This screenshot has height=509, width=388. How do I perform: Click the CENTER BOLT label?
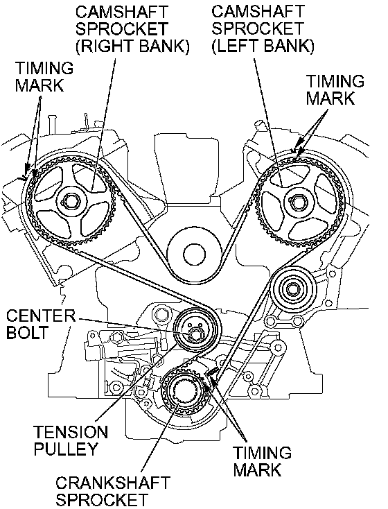(x=41, y=324)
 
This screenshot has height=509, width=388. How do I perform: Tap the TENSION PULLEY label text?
(x=71, y=440)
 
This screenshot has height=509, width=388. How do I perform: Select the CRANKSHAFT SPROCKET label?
(x=113, y=492)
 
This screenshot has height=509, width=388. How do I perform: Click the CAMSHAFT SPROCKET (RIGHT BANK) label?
(x=132, y=29)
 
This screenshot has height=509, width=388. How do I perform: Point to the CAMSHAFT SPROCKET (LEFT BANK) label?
(x=263, y=29)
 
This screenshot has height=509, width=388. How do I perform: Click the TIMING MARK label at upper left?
(x=44, y=76)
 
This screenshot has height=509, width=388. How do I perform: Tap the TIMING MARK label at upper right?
(x=335, y=90)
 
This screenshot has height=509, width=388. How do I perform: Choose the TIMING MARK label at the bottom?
(x=263, y=461)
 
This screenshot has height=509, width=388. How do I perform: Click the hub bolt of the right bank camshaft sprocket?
(x=69, y=202)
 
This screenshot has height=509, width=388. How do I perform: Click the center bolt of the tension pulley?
(x=195, y=334)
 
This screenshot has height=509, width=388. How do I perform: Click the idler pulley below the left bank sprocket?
(x=293, y=287)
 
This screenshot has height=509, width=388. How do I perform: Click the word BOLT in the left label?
(x=27, y=332)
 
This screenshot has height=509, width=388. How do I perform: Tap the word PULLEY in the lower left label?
(x=66, y=449)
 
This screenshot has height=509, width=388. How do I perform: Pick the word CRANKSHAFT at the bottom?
(x=113, y=483)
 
